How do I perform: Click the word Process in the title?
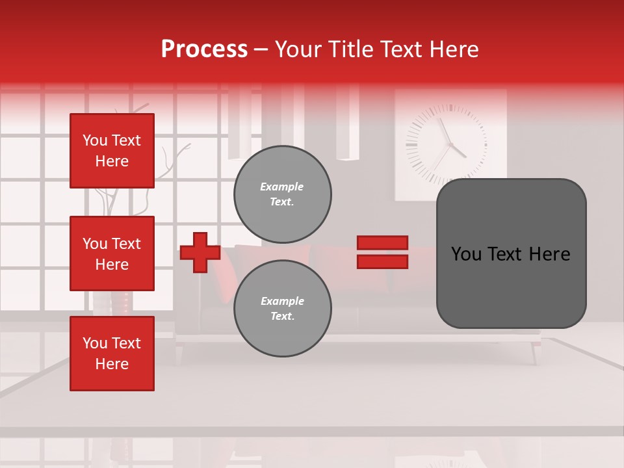(x=204, y=49)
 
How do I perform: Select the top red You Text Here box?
(x=112, y=151)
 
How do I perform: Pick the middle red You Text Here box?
(x=112, y=253)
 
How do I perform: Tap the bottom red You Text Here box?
(x=112, y=354)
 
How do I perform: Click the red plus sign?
(x=200, y=252)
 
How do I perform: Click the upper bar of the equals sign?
(x=382, y=243)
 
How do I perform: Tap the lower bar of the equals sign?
(x=382, y=261)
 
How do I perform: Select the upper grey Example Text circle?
(x=282, y=194)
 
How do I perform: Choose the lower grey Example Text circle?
(x=282, y=308)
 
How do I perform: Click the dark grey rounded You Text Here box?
(x=511, y=253)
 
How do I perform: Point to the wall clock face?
(x=446, y=144)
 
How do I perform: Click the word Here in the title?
(x=453, y=49)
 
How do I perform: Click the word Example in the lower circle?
(x=282, y=301)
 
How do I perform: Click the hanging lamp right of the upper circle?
(x=348, y=130)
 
